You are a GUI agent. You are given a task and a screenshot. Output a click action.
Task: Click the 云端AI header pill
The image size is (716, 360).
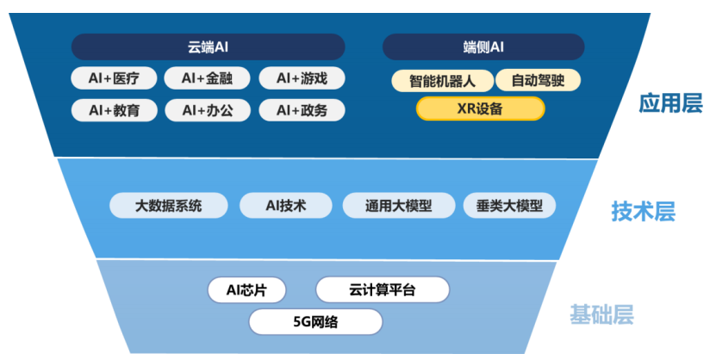click(x=209, y=47)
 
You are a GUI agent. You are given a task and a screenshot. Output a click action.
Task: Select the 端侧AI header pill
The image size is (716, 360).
click(x=483, y=47)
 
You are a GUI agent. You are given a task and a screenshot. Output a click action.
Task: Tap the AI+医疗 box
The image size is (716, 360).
click(x=114, y=78)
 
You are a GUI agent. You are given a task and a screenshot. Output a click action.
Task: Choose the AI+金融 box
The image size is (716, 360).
click(x=207, y=78)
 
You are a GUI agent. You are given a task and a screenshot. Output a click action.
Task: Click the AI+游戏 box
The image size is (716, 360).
click(x=302, y=78)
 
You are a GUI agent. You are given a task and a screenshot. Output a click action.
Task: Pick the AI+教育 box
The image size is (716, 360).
click(x=114, y=110)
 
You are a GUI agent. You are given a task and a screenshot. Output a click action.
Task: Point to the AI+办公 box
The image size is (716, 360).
click(x=208, y=110)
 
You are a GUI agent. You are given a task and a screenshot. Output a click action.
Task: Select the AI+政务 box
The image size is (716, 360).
click(x=302, y=110)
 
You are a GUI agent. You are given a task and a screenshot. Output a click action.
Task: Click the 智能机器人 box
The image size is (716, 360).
click(x=443, y=81)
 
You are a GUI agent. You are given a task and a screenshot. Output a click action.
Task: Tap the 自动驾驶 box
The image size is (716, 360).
click(x=538, y=80)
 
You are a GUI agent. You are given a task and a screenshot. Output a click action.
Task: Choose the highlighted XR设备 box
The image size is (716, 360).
click(x=481, y=109)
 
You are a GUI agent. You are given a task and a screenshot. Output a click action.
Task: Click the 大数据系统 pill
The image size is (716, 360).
click(x=169, y=205)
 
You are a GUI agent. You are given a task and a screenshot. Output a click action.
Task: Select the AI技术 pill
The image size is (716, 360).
click(x=286, y=205)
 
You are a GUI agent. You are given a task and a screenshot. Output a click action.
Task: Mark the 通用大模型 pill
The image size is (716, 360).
click(x=399, y=205)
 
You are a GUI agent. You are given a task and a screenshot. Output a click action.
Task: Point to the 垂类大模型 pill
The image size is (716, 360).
click(x=509, y=205)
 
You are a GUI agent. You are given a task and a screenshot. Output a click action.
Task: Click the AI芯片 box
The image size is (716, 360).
click(x=246, y=289)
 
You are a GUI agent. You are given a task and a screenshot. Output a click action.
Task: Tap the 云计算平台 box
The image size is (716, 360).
click(x=383, y=289)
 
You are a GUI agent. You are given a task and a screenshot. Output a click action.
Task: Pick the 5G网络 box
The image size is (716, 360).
click(x=315, y=321)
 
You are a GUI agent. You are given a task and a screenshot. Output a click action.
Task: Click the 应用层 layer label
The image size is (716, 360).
click(x=670, y=103)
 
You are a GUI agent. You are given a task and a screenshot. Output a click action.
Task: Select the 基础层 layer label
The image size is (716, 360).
click(x=602, y=314)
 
